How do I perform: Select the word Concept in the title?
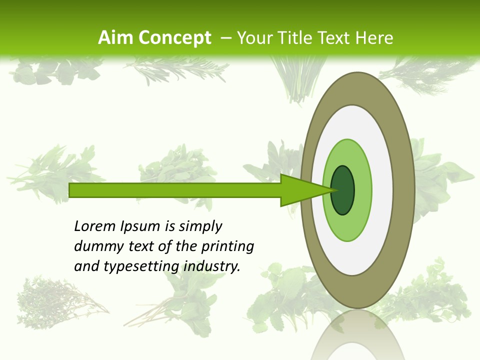point(174,37)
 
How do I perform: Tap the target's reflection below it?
point(357,335)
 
